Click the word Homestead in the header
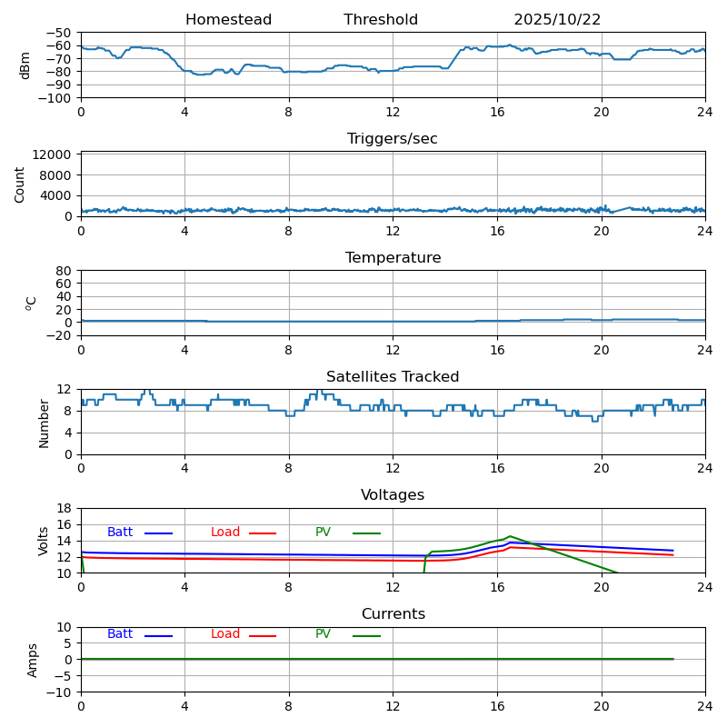(x=228, y=20)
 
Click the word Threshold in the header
(x=381, y=20)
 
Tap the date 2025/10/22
(x=557, y=20)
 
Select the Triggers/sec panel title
(x=393, y=139)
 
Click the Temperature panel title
(x=393, y=258)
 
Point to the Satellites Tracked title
(x=393, y=377)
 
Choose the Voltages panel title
(x=393, y=495)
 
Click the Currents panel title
(x=393, y=614)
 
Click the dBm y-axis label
(x=25, y=65)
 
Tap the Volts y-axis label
(x=44, y=541)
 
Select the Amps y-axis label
(x=34, y=660)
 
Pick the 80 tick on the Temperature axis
(x=65, y=271)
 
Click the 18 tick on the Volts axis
(x=65, y=509)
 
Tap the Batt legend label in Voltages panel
(x=120, y=533)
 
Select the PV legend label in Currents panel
(x=323, y=634)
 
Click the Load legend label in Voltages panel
(x=225, y=533)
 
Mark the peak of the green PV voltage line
(x=510, y=536)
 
